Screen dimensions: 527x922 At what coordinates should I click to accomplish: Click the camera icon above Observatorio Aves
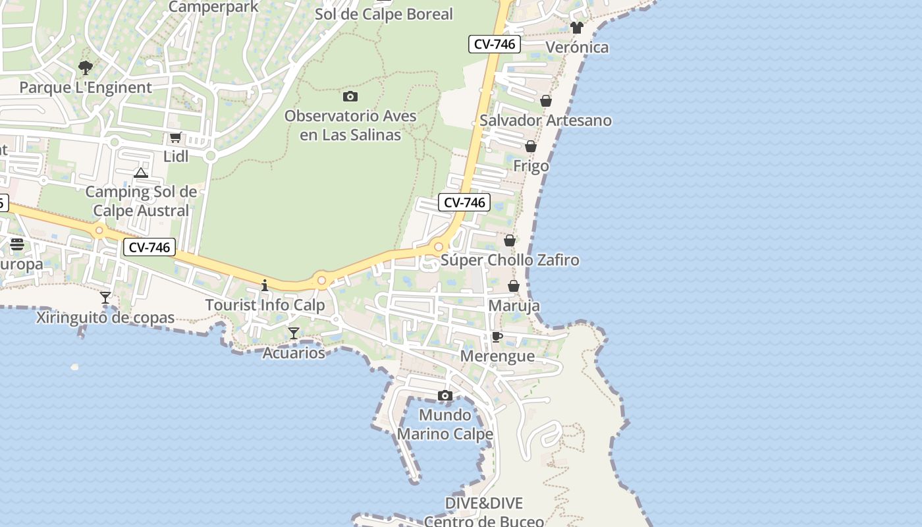point(350,97)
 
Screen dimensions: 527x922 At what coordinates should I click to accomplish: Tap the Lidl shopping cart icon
point(175,138)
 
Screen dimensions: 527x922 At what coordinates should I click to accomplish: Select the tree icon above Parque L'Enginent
point(85,67)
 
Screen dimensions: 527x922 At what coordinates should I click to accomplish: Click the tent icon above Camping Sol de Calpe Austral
point(140,173)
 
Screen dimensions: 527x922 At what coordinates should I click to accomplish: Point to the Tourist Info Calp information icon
point(265,285)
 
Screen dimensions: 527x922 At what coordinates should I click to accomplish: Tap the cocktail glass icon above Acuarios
point(294,333)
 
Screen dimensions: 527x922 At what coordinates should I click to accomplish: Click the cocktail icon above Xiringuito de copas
point(105,298)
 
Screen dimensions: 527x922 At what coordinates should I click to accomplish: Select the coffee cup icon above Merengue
point(497,337)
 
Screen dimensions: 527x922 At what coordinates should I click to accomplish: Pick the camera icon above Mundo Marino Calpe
point(445,396)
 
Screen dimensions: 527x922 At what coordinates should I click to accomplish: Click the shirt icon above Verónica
point(577,28)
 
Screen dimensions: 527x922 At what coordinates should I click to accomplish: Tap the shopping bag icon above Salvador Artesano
point(546,101)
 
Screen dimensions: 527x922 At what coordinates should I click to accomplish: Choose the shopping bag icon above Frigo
point(531,146)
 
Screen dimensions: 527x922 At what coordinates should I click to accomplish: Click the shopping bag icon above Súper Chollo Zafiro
point(510,240)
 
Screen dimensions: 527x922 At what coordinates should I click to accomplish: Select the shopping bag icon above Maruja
point(514,286)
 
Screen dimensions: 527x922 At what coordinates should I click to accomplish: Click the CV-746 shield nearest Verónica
point(495,45)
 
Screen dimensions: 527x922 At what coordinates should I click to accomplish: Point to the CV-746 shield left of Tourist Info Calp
point(149,248)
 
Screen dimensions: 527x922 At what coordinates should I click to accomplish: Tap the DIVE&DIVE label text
point(483,503)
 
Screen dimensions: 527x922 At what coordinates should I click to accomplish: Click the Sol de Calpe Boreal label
point(384,14)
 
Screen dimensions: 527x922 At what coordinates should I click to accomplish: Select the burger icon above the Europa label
point(17,245)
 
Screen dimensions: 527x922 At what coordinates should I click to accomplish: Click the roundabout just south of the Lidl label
point(211,156)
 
